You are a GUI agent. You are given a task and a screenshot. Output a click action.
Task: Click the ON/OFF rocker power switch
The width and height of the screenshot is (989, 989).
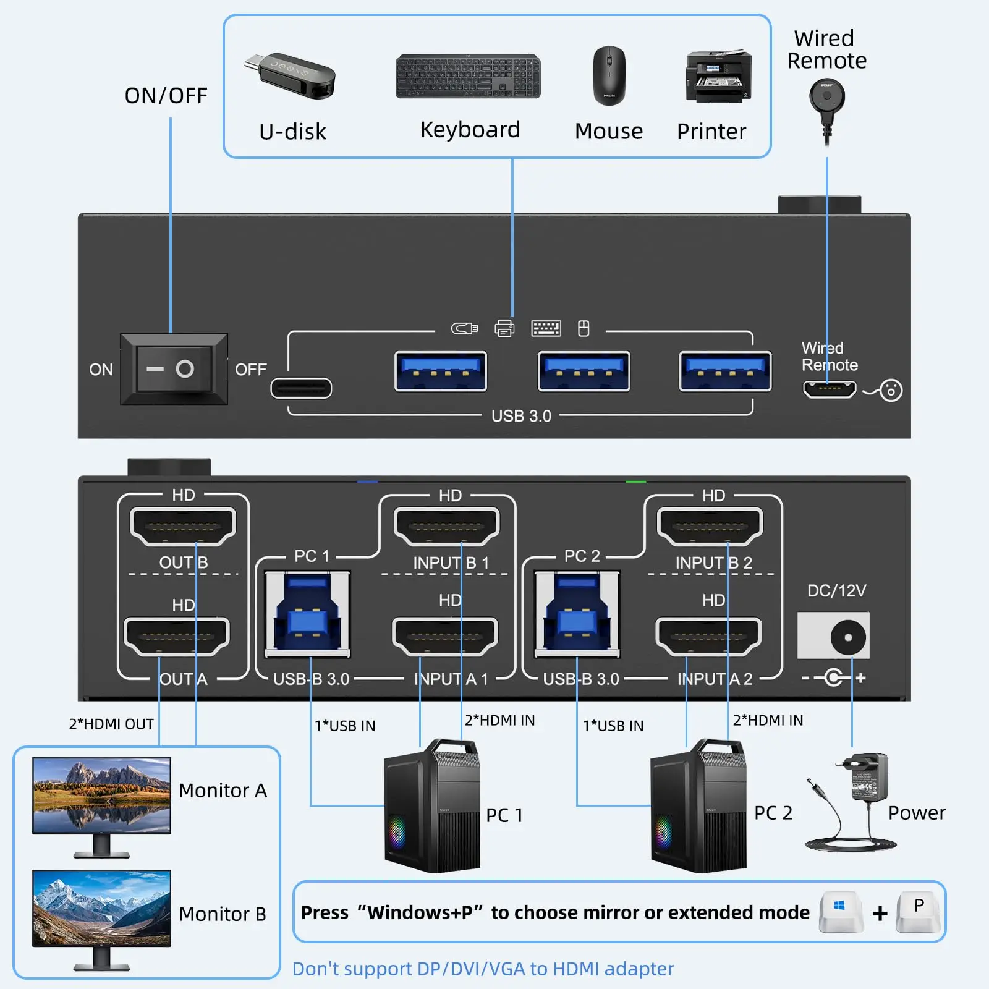[174, 369]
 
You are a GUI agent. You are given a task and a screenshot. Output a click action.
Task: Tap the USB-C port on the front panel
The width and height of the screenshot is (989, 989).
[301, 388]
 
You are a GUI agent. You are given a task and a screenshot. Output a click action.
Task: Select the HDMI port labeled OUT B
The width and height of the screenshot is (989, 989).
[183, 526]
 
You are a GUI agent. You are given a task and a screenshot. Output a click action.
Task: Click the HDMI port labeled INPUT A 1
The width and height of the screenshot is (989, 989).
[445, 636]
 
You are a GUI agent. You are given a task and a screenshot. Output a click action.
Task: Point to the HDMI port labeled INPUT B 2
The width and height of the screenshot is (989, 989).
[710, 526]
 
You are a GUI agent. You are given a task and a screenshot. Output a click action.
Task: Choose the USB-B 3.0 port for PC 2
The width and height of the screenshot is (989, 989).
[577, 613]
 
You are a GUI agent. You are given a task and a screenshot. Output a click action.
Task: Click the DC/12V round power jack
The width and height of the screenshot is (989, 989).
[847, 637]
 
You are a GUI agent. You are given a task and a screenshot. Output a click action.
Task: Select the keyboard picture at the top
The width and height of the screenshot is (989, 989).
[468, 76]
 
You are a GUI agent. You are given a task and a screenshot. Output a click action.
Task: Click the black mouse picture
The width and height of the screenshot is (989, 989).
[609, 75]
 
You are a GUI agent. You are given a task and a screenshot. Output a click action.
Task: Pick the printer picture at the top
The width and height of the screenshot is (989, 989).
[718, 77]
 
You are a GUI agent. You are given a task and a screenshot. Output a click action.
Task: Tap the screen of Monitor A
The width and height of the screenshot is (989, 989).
[101, 795]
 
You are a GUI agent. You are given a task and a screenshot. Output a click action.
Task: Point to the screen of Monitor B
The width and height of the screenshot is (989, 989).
[101, 908]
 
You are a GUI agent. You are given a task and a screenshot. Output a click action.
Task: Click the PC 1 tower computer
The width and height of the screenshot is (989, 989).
[432, 806]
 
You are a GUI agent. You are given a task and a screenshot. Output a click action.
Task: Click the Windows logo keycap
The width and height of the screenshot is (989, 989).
[840, 910]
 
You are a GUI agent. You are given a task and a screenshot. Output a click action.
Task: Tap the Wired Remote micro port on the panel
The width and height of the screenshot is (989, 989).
[829, 389]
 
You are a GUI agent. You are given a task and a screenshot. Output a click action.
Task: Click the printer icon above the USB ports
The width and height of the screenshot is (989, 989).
[504, 328]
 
